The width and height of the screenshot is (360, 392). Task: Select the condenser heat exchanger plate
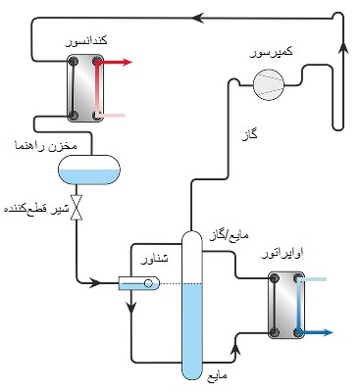pyautogui.click(x=86, y=88)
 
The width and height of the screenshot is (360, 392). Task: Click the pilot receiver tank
pyautogui.click(x=88, y=172)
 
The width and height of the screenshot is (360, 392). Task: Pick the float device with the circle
pyautogui.click(x=138, y=284)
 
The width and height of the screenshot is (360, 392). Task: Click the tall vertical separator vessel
pyautogui.click(x=191, y=304)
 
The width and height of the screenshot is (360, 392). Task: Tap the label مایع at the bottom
pyautogui.click(x=218, y=375)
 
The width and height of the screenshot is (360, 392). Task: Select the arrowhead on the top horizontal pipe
pyautogui.click(x=196, y=17)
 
